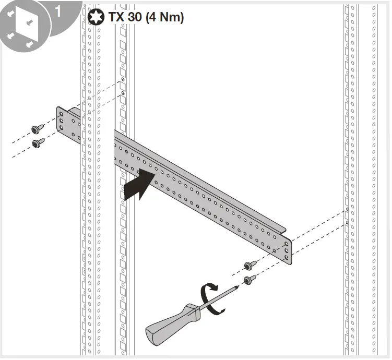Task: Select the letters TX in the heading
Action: click(117, 17)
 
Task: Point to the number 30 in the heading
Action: click(137, 17)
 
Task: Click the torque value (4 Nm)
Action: click(165, 17)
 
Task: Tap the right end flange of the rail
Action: click(288, 250)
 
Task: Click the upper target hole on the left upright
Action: click(123, 80)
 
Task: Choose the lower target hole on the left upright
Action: click(123, 93)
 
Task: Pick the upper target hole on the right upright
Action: click(348, 210)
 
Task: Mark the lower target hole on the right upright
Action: click(348, 223)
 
